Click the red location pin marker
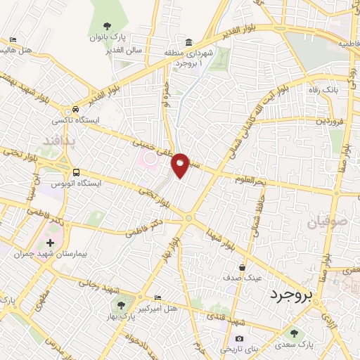click(x=181, y=164)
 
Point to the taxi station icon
click(x=75, y=109)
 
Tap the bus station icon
click(x=76, y=172)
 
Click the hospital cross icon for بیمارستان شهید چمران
click(x=49, y=243)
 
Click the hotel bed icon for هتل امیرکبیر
click(x=157, y=298)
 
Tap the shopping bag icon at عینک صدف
click(x=243, y=267)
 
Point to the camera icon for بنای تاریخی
click(x=240, y=339)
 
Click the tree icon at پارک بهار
click(x=121, y=305)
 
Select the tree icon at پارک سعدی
click(x=293, y=335)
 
